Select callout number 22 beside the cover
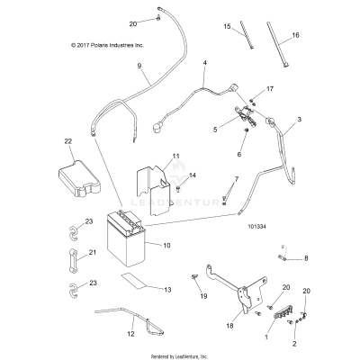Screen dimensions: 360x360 67,141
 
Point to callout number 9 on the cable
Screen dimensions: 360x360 139,67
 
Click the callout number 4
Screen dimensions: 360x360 205,63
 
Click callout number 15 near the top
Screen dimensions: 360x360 228,27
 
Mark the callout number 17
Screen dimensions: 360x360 267,91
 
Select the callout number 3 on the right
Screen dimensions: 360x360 300,119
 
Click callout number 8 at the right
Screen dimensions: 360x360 306,258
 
